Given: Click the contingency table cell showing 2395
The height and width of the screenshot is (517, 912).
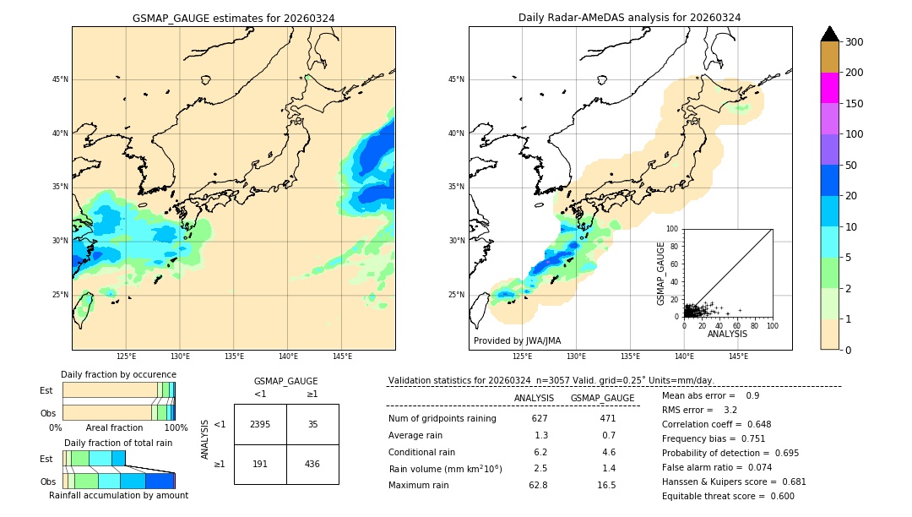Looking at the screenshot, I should pyautogui.click(x=260, y=424).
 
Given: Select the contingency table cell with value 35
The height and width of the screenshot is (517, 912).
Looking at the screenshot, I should pyautogui.click(x=312, y=424).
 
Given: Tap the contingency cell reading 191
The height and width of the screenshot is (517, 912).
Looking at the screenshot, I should pyautogui.click(x=260, y=465).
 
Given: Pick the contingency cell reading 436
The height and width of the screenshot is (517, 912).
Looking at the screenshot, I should pyautogui.click(x=312, y=465).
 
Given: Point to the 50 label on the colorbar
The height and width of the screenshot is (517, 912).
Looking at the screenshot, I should pyautogui.click(x=854, y=166).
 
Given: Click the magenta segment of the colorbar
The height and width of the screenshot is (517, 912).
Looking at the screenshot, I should pyautogui.click(x=829, y=88).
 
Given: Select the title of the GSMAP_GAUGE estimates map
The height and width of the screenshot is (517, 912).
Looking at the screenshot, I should pyautogui.click(x=233, y=18).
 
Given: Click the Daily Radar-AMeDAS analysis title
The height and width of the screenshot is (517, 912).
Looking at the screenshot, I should pyautogui.click(x=630, y=18).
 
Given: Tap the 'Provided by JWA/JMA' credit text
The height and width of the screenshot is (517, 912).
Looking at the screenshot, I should pyautogui.click(x=517, y=341).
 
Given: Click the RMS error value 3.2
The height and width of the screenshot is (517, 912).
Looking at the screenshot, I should pyautogui.click(x=730, y=410).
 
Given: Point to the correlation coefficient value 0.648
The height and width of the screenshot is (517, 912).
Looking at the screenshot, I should pyautogui.click(x=758, y=424).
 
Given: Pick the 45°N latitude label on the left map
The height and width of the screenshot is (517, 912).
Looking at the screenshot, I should pyautogui.click(x=60, y=79).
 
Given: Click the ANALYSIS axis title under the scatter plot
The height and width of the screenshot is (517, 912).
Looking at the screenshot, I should pyautogui.click(x=727, y=334).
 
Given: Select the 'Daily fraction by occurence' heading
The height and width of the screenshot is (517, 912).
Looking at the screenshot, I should pyautogui.click(x=118, y=374).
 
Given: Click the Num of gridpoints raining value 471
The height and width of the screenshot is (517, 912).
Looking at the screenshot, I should pyautogui.click(x=607, y=419).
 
